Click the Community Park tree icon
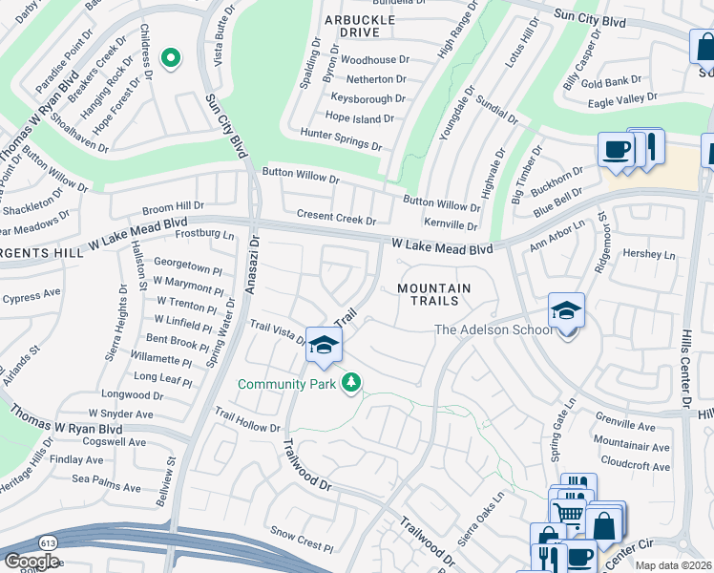pyautogui.click(x=352, y=383)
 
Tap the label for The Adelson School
pyautogui.click(x=492, y=330)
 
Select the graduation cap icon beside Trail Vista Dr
pyautogui.click(x=324, y=345)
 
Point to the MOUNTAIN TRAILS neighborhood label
pyautogui.click(x=434, y=294)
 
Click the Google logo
pyautogui.click(x=31, y=562)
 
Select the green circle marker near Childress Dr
pyautogui.click(x=171, y=59)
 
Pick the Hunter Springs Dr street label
pyautogui.click(x=340, y=139)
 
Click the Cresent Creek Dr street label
pyautogui.click(x=336, y=218)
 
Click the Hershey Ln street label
pyautogui.click(x=648, y=255)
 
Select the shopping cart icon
pyautogui.click(x=569, y=513)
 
